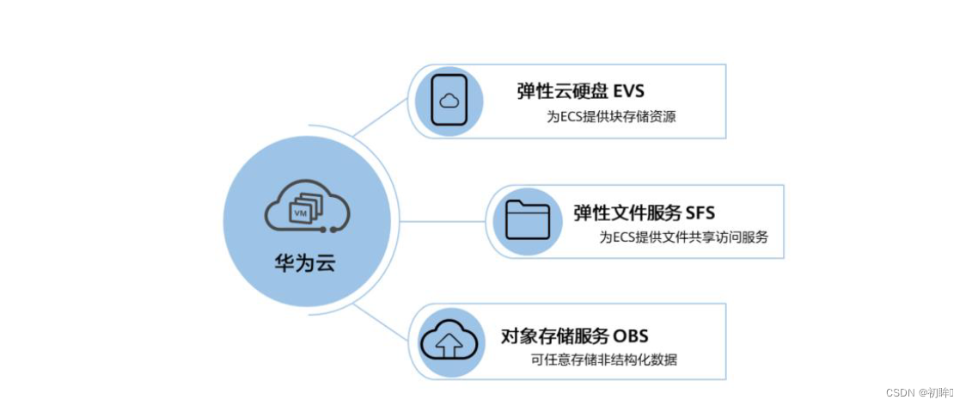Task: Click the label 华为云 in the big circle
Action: [304, 262]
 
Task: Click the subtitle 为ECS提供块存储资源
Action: [611, 117]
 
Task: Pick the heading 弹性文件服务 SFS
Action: [644, 212]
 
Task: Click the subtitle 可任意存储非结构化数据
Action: [604, 360]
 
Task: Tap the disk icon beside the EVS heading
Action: [448, 101]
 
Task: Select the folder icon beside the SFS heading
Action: [526, 220]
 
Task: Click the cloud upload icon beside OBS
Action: [449, 341]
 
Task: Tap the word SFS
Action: [700, 212]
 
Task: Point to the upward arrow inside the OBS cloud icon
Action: [448, 347]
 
